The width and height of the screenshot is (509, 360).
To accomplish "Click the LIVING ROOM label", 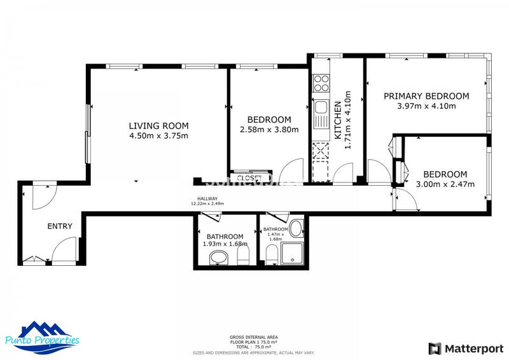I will click(x=158, y=125).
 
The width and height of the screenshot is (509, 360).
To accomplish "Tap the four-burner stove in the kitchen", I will click(x=321, y=83).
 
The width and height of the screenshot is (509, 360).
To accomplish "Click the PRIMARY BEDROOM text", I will click(x=426, y=96).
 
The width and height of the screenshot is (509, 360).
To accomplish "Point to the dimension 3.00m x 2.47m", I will click(x=445, y=184).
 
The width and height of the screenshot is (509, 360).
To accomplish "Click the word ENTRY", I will click(x=60, y=226).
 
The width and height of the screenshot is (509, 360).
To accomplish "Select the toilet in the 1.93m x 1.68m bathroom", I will click(x=242, y=256).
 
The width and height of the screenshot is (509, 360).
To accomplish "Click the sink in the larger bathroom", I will click(x=218, y=257).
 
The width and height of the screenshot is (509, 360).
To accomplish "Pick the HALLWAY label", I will click(x=207, y=199).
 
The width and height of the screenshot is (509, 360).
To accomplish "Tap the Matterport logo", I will click(x=461, y=348).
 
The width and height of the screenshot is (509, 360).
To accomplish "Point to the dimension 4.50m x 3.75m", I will click(x=158, y=135).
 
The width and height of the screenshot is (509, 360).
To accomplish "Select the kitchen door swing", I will click(x=344, y=174).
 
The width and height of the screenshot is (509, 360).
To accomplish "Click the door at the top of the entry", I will click(x=44, y=193).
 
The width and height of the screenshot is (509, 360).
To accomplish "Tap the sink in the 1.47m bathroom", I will click(x=296, y=228).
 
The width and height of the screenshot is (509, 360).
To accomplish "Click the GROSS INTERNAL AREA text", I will click(x=253, y=337).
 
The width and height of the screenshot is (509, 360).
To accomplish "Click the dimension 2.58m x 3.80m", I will click(x=269, y=130).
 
